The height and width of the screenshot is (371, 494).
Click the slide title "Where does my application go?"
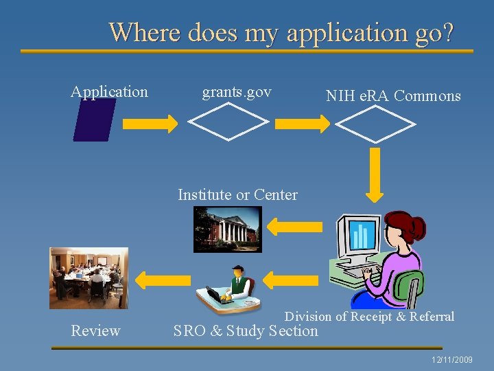(281, 32)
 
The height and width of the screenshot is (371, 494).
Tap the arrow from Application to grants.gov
(150, 124)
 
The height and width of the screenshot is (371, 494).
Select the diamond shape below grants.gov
(228, 122)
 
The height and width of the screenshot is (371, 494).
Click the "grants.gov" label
(237, 91)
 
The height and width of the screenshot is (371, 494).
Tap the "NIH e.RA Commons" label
(393, 96)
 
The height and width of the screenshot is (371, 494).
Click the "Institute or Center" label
(237, 194)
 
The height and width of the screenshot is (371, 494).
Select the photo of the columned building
(227, 228)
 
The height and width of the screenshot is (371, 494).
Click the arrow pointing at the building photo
(294, 227)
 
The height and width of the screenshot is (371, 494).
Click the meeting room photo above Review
(89, 278)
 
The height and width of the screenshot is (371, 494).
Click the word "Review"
(95, 331)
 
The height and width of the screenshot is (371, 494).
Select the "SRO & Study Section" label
(246, 331)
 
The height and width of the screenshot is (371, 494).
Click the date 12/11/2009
(452, 360)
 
